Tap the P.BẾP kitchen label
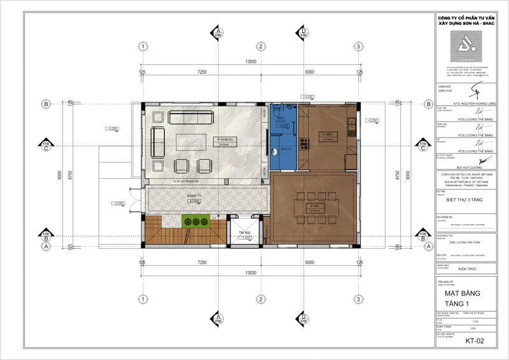click(x=328, y=135)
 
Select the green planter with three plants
click(x=196, y=221)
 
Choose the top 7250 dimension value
click(x=202, y=72)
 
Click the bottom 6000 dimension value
click(x=309, y=262)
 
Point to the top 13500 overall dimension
click(x=251, y=62)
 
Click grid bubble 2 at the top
click(x=260, y=46)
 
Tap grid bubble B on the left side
click(x=46, y=104)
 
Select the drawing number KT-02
click(x=475, y=340)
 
